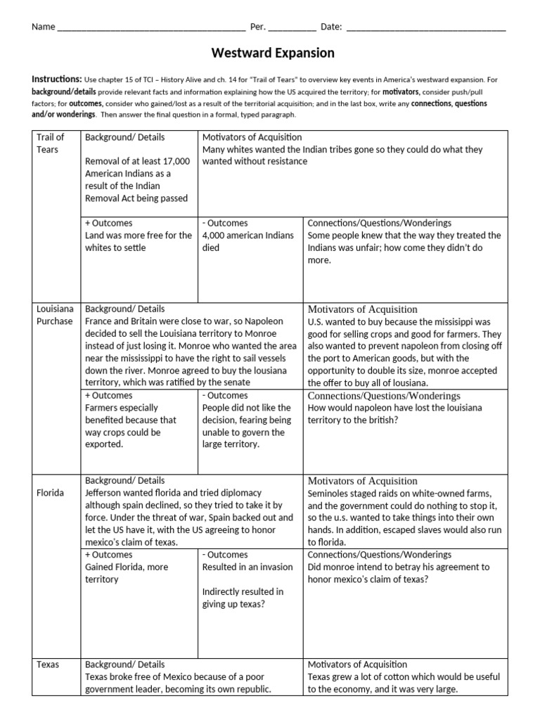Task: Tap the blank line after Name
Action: (x=150, y=27)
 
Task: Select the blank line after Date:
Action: (x=426, y=27)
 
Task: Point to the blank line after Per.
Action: (x=292, y=27)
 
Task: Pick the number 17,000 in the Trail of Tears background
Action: (x=174, y=161)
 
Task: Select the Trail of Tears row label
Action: (x=50, y=143)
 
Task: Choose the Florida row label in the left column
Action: (x=50, y=493)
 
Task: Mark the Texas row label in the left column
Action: (x=48, y=664)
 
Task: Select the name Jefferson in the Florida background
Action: (x=107, y=493)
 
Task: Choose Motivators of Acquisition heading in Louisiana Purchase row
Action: (x=362, y=309)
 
